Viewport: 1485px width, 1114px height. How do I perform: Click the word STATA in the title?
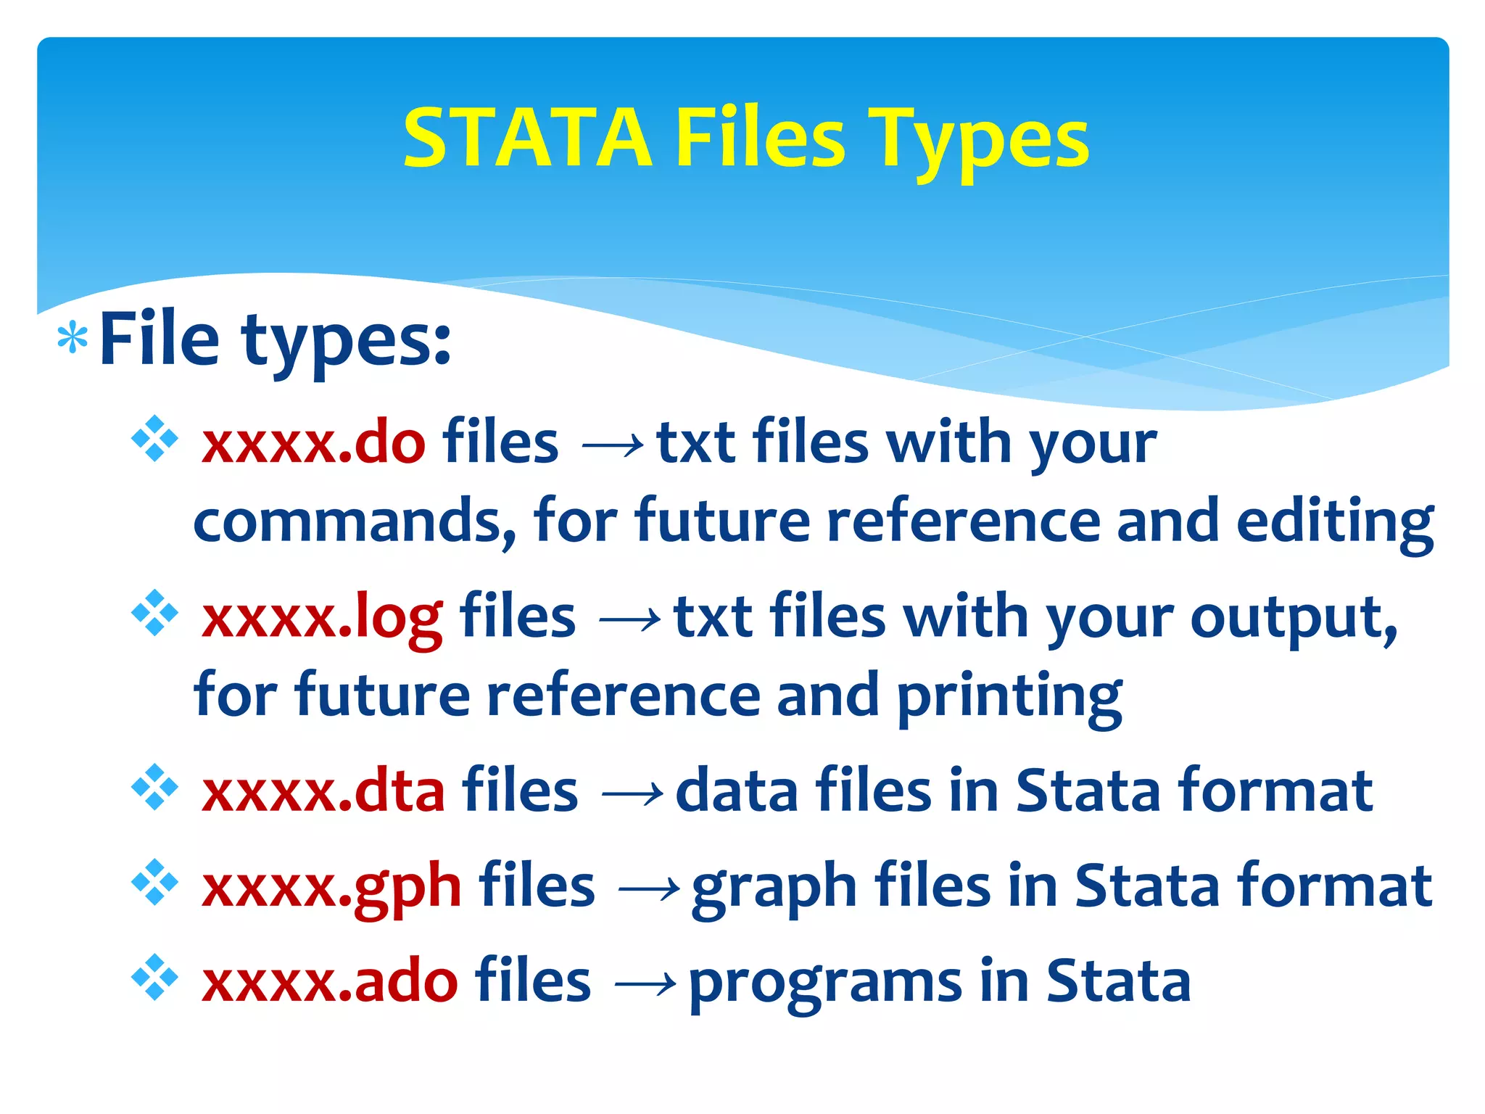click(528, 138)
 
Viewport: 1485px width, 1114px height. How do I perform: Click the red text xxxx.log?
click(322, 617)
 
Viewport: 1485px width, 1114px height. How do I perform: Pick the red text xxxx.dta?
click(323, 791)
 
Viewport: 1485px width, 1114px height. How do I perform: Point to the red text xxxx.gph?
click(331, 886)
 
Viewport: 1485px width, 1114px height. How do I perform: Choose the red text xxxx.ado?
click(330, 982)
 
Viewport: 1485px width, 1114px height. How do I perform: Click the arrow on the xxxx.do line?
click(613, 445)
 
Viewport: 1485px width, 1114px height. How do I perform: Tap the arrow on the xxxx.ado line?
click(645, 985)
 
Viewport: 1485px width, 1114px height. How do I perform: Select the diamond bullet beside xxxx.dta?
click(154, 786)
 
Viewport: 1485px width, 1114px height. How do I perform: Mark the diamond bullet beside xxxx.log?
click(154, 614)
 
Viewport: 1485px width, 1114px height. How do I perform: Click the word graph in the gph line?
click(774, 888)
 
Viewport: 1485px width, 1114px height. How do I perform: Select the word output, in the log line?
click(1294, 618)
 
